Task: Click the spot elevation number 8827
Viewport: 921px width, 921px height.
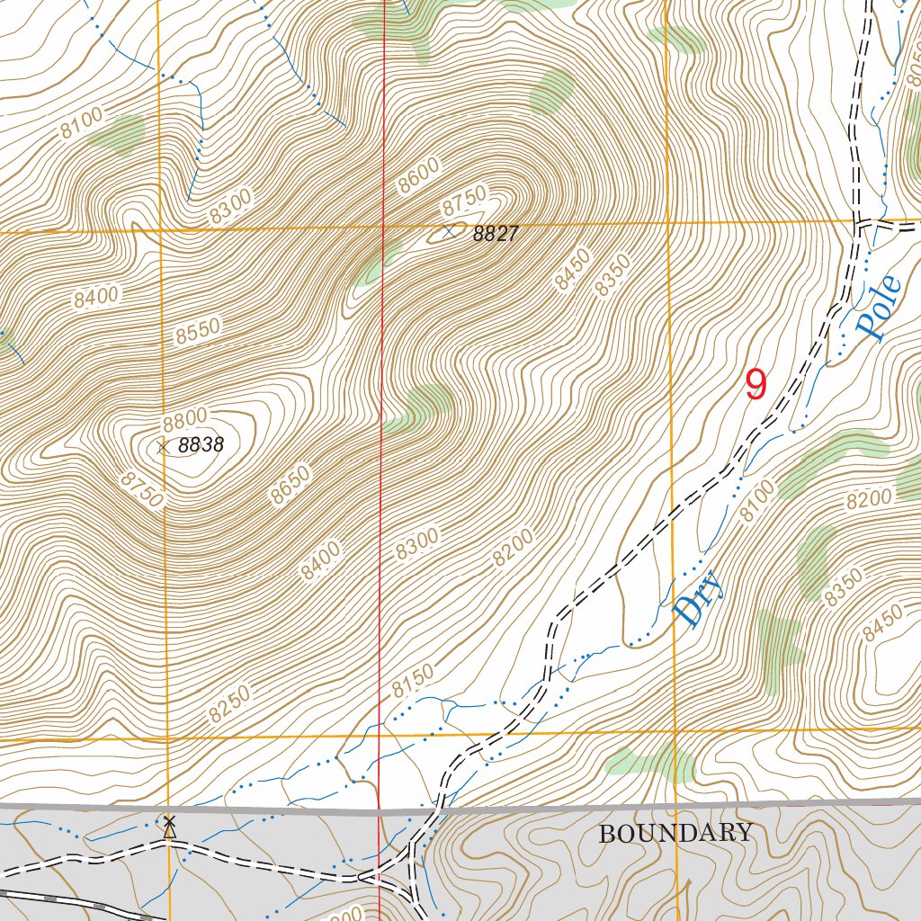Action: [496, 234]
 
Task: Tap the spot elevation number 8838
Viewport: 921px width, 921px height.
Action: [200, 444]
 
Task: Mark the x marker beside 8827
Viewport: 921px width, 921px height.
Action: [449, 232]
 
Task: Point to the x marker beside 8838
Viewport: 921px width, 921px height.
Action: [162, 446]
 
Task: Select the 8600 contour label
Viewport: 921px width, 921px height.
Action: [419, 175]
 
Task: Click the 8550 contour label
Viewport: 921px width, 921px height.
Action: [198, 332]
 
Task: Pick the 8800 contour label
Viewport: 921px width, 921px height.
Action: [185, 418]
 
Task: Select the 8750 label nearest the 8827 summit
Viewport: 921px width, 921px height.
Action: [464, 199]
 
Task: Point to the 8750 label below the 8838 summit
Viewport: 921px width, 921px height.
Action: [142, 488]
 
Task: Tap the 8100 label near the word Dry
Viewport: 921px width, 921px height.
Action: [756, 502]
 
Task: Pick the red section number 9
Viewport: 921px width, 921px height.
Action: [756, 385]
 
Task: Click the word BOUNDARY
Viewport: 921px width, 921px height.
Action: [675, 833]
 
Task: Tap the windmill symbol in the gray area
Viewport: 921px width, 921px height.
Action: [168, 826]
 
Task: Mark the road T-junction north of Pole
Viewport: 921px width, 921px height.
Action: [859, 221]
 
